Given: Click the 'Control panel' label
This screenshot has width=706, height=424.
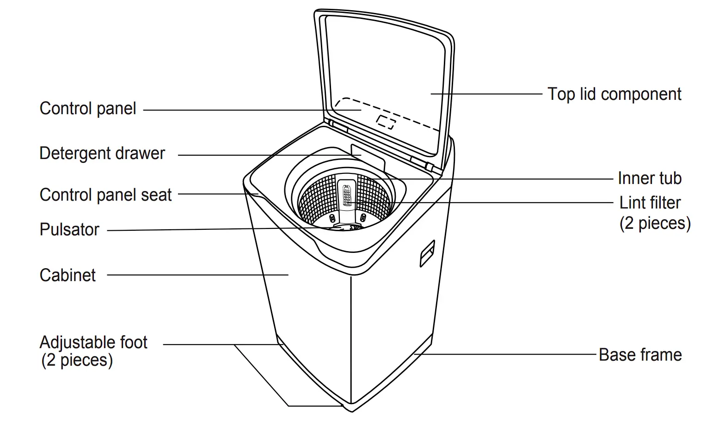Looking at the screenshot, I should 88,109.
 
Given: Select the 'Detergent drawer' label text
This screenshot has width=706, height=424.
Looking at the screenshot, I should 102,154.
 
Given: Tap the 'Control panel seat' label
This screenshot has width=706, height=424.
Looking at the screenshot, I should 105,195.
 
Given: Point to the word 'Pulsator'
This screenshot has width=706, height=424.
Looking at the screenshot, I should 69,230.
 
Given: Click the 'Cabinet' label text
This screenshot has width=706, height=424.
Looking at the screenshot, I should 68,276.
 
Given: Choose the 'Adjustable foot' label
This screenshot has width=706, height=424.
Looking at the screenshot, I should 93,343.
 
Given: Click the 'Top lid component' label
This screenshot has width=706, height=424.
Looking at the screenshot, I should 614,94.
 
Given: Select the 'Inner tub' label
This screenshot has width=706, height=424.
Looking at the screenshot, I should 649,178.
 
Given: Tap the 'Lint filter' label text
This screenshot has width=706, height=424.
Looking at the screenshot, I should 650,203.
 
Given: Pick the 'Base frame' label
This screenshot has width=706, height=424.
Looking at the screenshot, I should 640,355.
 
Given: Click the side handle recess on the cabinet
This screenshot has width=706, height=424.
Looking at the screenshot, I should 427,253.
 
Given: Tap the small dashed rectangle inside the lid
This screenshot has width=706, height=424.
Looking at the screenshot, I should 386,122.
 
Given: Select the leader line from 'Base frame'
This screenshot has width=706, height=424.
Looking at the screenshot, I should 509,355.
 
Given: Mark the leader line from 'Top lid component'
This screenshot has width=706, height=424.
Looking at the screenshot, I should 485,94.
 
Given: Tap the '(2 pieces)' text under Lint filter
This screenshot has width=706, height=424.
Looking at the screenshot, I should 655,223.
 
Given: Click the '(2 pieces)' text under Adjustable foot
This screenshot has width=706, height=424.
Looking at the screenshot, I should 77,360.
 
